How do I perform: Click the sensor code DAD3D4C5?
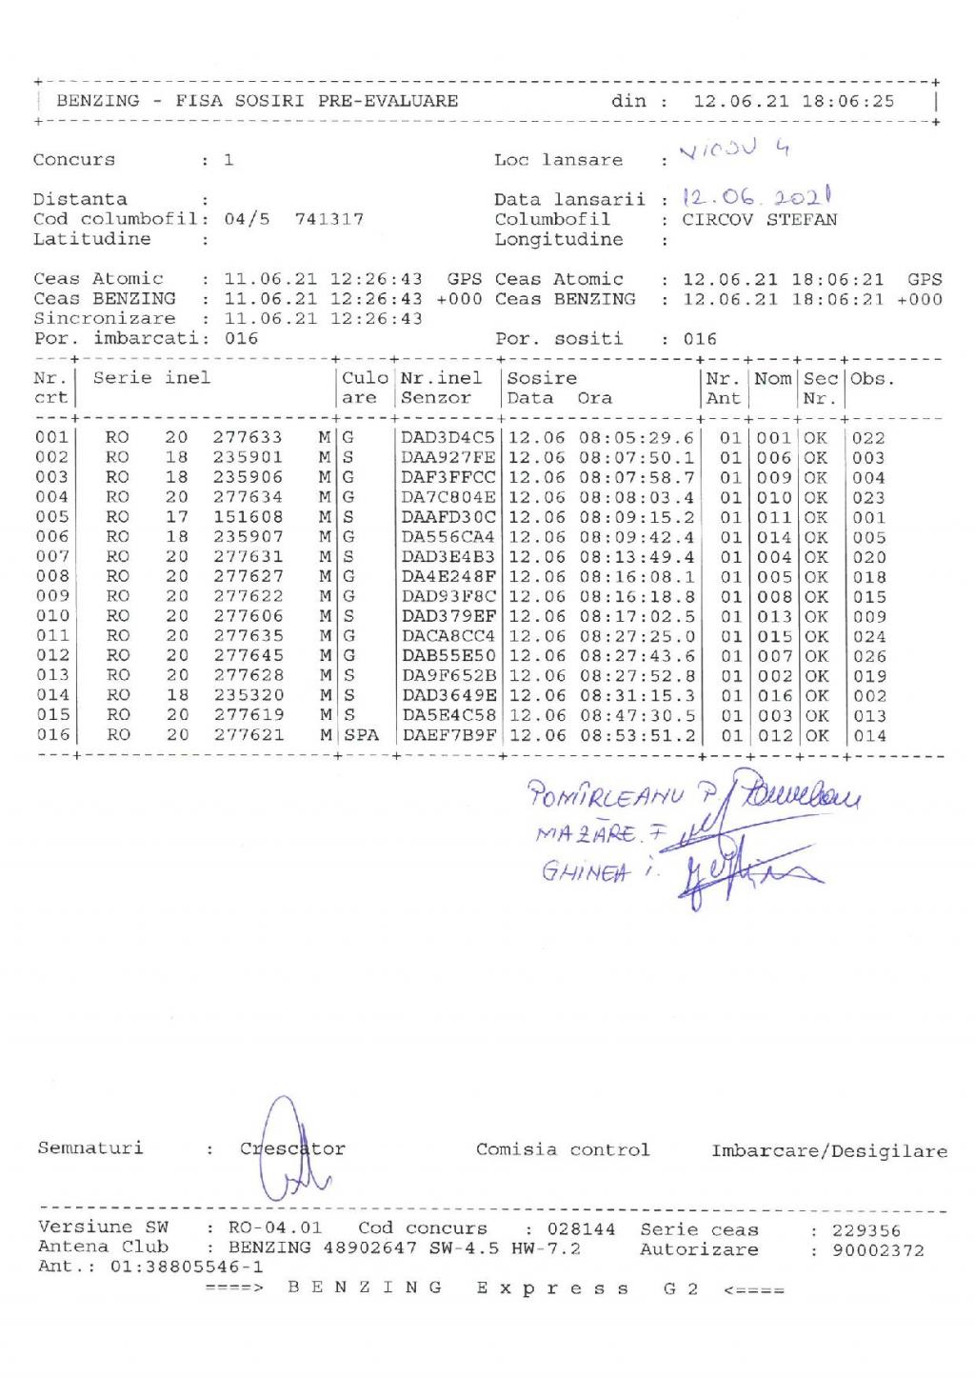point(448,438)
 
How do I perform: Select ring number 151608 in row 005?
point(248,517)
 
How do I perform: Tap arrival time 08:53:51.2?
point(637,735)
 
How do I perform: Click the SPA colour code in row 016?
point(361,735)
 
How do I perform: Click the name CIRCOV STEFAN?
point(760,219)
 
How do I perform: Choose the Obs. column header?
point(871,379)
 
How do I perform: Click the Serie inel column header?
point(151,378)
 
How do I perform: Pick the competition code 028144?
point(583,1229)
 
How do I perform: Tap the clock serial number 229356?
point(866,1230)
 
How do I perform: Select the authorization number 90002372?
point(878,1250)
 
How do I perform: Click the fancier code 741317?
point(328,219)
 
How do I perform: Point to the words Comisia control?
point(563,1149)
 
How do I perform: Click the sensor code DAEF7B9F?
point(448,735)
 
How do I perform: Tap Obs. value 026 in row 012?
point(868,656)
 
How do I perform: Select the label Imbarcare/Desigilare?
point(828,1151)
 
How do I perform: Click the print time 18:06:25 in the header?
point(847,101)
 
